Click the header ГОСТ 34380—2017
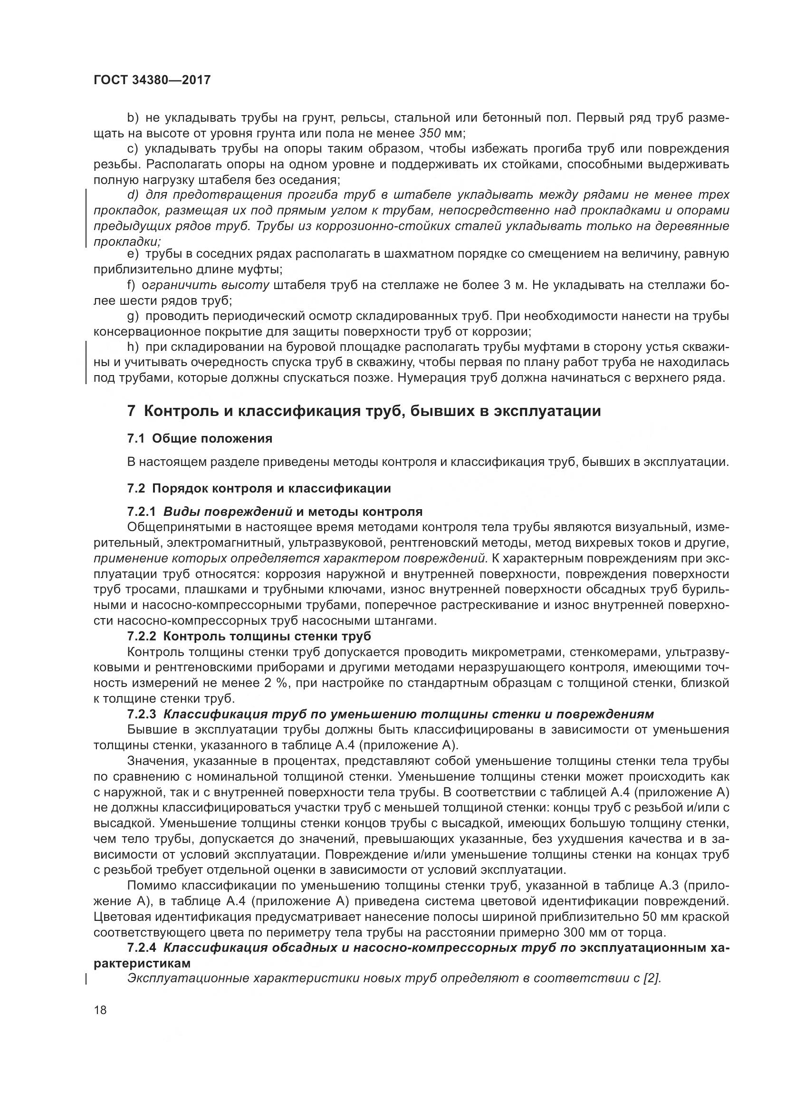[152, 80]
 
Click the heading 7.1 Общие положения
[200, 438]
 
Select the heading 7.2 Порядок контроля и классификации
[259, 488]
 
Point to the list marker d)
[133, 195]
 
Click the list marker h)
[133, 347]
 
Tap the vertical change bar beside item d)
[86, 218]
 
